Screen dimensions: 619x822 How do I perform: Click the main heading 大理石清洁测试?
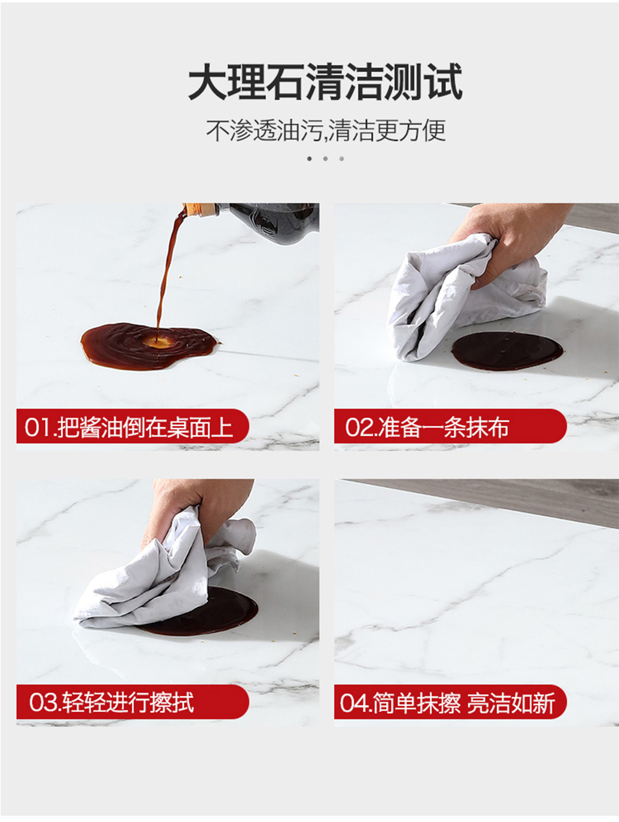325,82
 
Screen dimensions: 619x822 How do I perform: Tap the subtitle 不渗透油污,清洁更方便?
326,130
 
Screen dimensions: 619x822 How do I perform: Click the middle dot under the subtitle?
325,159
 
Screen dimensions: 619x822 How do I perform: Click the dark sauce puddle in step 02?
507,351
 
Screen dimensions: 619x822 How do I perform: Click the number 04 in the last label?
351,703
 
